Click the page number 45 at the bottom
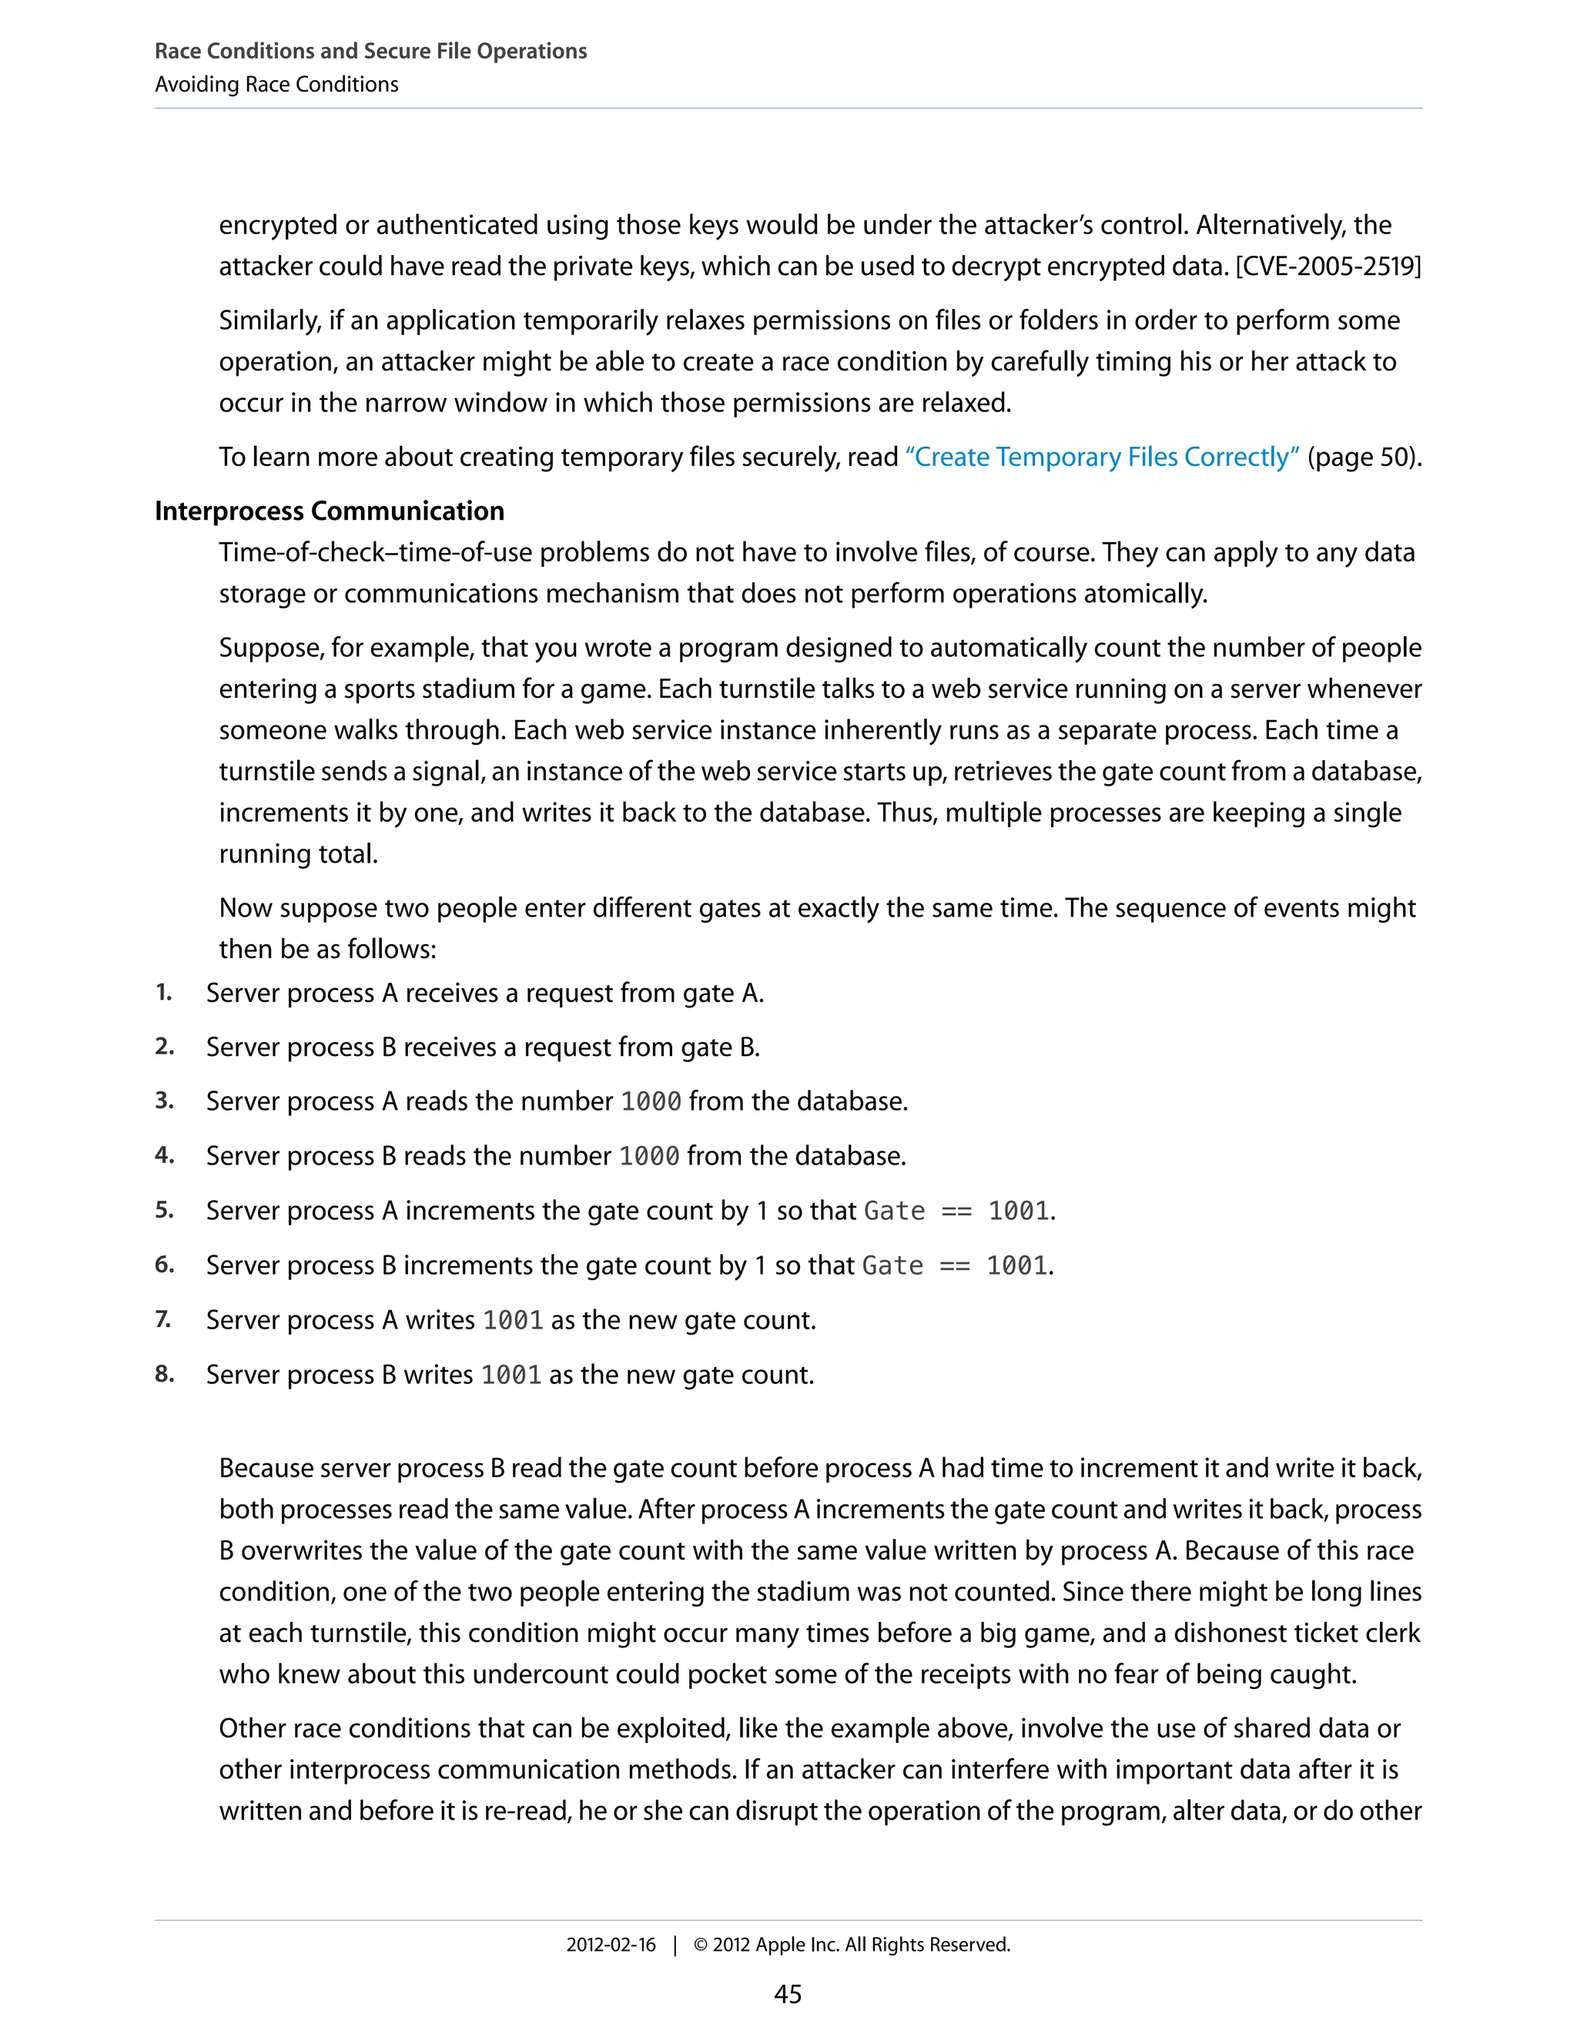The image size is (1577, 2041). coord(788,1993)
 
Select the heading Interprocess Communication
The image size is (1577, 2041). coord(329,511)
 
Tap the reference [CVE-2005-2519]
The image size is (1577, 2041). coord(1328,266)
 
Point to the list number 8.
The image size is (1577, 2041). coord(165,1374)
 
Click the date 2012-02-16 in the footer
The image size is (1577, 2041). coord(611,1945)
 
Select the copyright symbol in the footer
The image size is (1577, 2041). coord(700,1945)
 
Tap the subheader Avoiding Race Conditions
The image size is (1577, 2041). coord(276,84)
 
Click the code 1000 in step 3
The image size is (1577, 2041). coord(651,1102)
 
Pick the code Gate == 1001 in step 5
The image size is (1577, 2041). coord(958,1212)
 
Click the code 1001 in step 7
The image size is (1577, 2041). coord(513,1320)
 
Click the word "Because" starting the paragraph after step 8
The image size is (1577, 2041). coord(266,1468)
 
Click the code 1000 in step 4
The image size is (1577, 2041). coord(649,1156)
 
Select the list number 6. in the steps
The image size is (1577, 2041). coord(165,1265)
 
